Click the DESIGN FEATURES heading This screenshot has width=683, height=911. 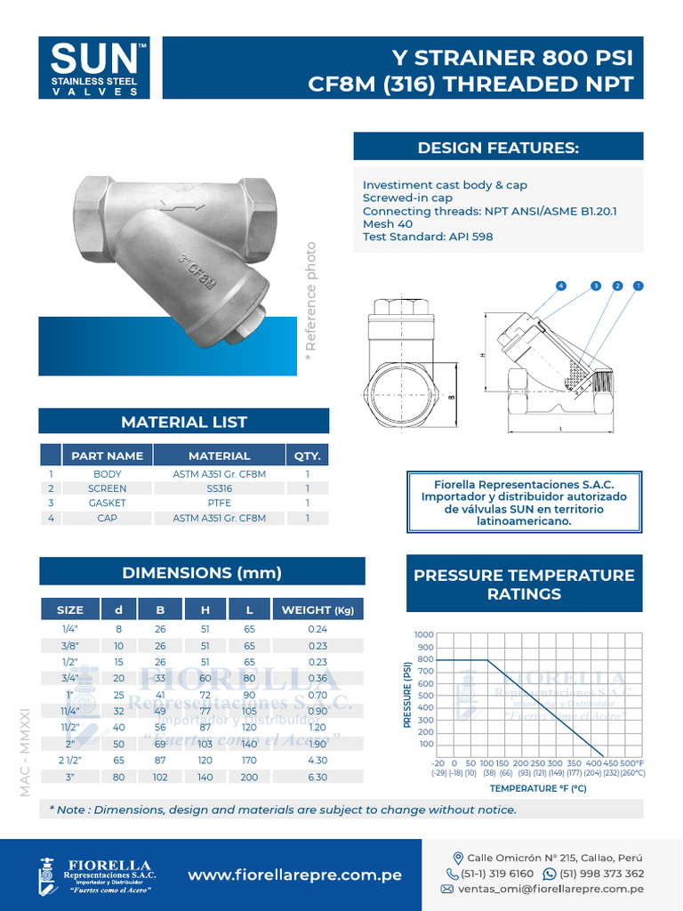click(498, 147)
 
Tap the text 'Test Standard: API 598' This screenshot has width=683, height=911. click(428, 237)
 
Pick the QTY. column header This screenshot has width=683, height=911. click(307, 455)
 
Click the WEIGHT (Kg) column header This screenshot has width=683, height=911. click(317, 609)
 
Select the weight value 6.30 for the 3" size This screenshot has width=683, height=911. click(317, 778)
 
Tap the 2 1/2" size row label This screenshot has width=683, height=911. click(69, 761)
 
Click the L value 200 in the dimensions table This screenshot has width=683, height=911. click(250, 778)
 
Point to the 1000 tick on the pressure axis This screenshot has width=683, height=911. click(423, 634)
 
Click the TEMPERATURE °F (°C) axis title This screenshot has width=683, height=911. click(538, 788)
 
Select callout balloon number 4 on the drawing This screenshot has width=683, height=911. click(561, 286)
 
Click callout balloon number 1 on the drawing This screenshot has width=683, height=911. click(638, 286)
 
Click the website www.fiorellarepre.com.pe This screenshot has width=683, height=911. click(294, 875)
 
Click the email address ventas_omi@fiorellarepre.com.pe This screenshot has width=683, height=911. click(551, 889)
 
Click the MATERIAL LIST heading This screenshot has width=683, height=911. click(184, 422)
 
